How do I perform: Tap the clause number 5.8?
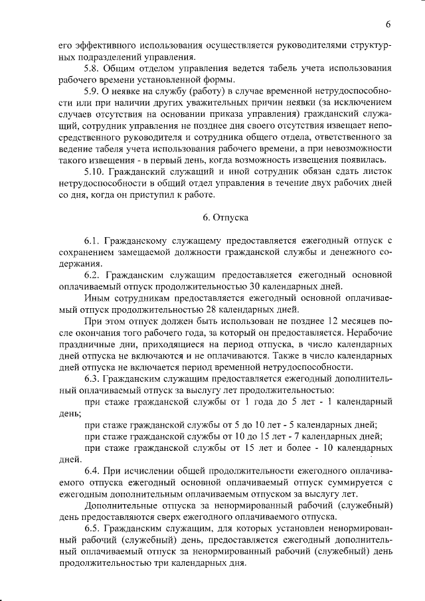[x=93, y=68]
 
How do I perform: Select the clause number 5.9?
[x=93, y=91]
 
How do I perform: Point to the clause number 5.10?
[x=96, y=171]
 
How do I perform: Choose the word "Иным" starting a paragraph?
[x=98, y=298]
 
